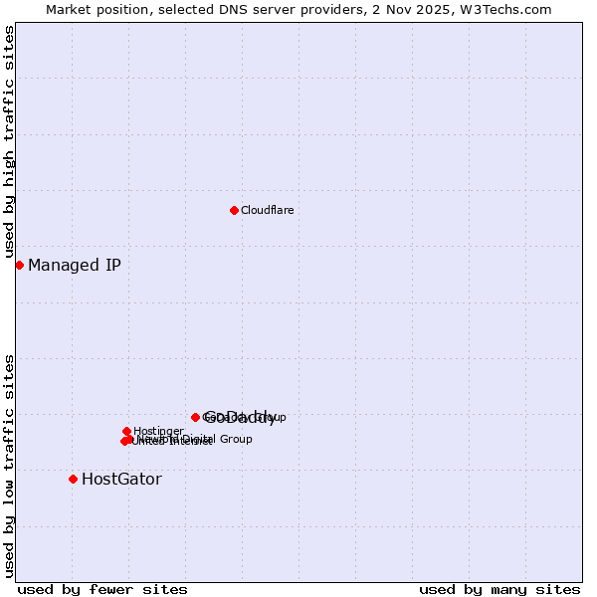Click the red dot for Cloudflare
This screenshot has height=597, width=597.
tap(234, 210)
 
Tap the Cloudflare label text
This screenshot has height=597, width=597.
tap(267, 210)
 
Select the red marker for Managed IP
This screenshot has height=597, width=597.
tap(19, 265)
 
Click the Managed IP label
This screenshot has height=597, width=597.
tap(75, 265)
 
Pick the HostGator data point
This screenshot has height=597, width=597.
tap(73, 479)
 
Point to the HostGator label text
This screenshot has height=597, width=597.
tap(121, 479)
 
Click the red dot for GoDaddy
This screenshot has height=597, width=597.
tap(195, 417)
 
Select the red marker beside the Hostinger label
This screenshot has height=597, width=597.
tap(126, 431)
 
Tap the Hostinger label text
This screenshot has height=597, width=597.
tap(158, 431)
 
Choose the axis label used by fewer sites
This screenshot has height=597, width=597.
tap(102, 590)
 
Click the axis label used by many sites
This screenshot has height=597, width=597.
tap(499, 590)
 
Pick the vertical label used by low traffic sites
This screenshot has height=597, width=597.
tap(9, 465)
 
